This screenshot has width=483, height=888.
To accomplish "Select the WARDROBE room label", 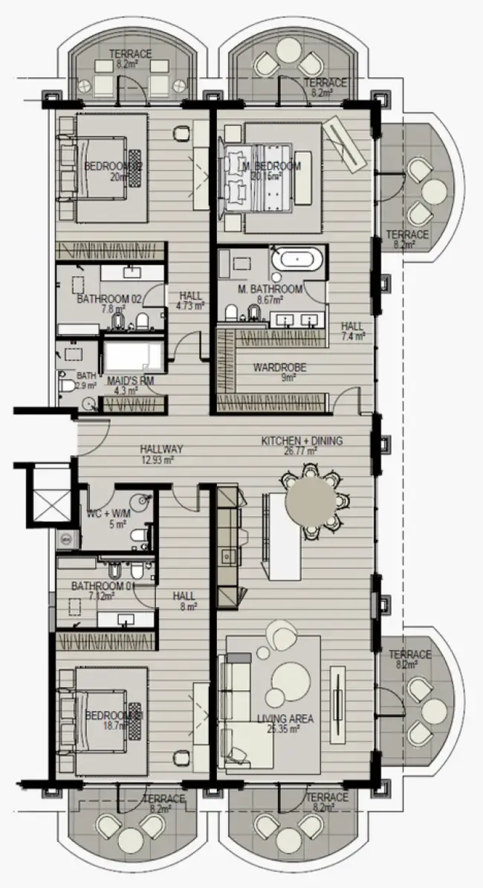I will (279, 367).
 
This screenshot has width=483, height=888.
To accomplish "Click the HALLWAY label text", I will (161, 450).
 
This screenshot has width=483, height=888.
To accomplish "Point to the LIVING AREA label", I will (285, 719).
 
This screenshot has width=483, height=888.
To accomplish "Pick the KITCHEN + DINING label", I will (302, 441).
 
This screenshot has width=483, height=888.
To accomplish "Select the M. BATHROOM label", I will (270, 289).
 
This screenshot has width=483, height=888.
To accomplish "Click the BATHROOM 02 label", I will (109, 300).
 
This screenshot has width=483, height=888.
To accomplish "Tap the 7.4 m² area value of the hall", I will (353, 336).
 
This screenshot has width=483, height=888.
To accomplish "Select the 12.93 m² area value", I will (158, 460).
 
